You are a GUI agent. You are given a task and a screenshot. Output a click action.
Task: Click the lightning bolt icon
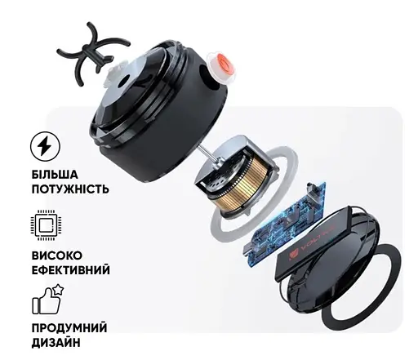click(46, 148)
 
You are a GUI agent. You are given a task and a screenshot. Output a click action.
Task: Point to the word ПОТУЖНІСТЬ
click(69, 189)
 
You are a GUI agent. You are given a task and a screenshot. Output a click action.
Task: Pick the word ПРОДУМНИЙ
click(69, 327)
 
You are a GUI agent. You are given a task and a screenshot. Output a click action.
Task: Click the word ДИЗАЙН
click(56, 342)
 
